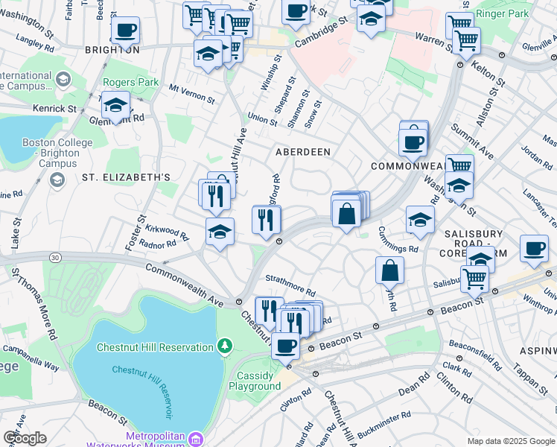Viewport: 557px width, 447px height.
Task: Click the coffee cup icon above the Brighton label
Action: click(x=125, y=31)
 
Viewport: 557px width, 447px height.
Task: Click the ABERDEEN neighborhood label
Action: click(x=302, y=151)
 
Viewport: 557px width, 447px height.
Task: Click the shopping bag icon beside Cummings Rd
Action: click(x=389, y=271)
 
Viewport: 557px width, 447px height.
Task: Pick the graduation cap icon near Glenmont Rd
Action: click(x=115, y=106)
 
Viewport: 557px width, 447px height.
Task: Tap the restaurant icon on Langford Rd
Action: click(x=266, y=220)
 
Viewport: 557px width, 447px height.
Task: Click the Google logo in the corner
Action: click(x=25, y=438)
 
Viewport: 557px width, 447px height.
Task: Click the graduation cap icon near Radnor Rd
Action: click(x=220, y=232)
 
